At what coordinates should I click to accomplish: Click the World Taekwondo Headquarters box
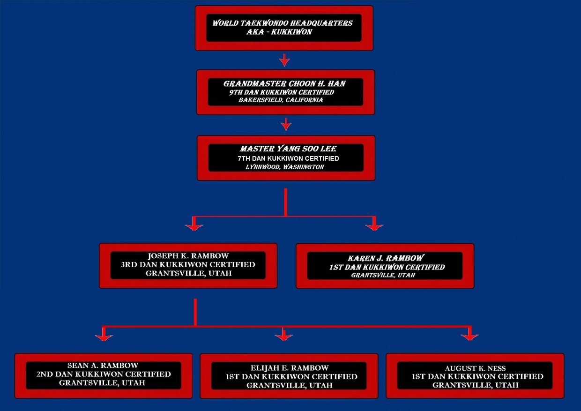pos(284,28)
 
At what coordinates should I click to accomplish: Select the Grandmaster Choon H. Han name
pos(284,83)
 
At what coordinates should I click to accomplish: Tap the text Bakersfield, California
pos(281,100)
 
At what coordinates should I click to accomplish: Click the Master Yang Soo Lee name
pos(288,149)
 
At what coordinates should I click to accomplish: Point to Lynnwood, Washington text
pos(285,167)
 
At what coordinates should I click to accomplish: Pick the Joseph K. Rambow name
pos(188,256)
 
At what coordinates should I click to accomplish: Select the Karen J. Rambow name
pos(386,258)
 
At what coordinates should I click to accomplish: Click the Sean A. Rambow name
pos(103,366)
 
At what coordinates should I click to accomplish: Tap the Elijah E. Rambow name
pos(290,368)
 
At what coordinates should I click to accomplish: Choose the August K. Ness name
pos(475,368)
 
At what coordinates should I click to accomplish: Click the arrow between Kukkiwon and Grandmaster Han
pos(284,60)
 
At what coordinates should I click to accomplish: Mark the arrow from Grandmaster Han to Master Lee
pos(286,124)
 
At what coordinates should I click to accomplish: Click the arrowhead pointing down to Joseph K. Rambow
pos(194,226)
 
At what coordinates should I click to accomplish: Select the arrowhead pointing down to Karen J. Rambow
pos(374,226)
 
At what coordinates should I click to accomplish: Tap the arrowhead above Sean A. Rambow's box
pos(104,336)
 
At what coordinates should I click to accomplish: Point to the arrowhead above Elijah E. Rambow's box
pos(284,336)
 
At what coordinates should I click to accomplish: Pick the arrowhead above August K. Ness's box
pos(470,336)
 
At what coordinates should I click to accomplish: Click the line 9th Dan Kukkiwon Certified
pos(282,92)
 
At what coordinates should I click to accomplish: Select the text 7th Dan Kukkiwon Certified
pos(288,158)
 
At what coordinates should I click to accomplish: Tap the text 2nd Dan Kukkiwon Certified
pos(104,374)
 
